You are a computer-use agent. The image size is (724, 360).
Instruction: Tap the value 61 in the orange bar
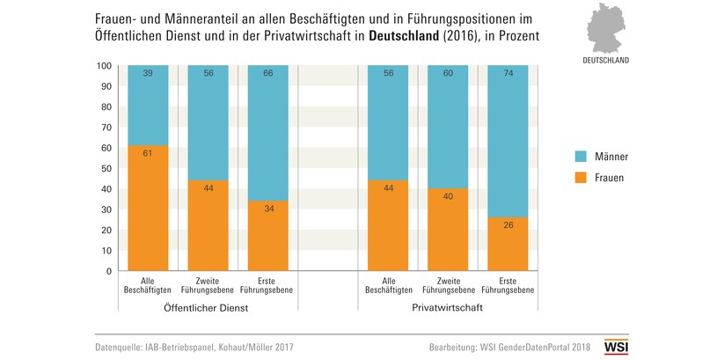point(149,154)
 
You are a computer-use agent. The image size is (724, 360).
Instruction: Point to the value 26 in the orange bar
point(508,226)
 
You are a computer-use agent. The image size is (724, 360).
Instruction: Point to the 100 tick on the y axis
point(104,66)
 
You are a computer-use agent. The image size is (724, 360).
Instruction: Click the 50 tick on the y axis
point(106,169)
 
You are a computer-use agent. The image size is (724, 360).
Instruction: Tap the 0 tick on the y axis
point(108,271)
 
